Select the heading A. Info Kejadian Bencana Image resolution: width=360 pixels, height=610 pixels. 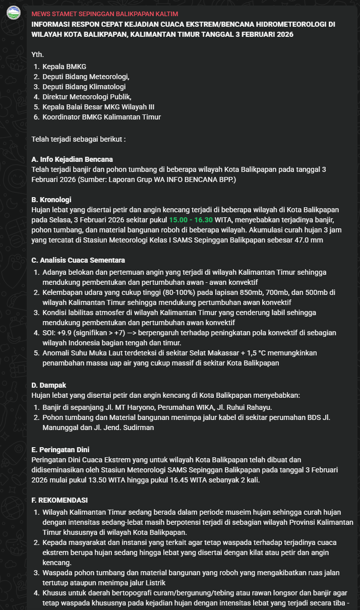(72, 159)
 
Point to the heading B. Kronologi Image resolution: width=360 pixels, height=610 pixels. (51, 200)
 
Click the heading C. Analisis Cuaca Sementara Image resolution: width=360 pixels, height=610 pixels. (78, 260)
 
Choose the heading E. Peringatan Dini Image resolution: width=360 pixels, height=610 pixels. (61, 449)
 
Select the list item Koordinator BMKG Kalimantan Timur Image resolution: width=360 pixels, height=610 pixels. (101, 117)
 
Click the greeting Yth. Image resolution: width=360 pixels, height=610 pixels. (37, 54)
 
